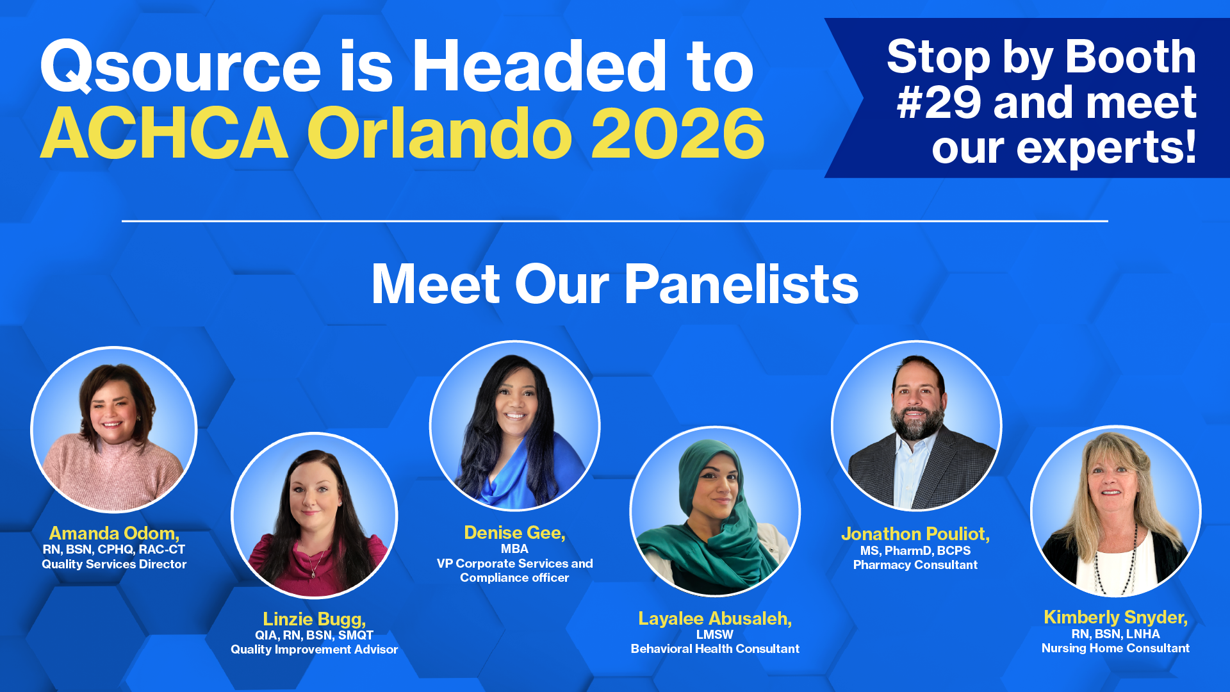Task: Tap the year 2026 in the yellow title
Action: coord(678,133)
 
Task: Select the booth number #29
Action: coord(939,103)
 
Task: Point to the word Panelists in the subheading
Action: coord(741,284)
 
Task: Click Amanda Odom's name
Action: coord(114,533)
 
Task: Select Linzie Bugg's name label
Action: coord(314,619)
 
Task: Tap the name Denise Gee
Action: coord(514,532)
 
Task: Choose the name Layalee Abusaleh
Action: coord(715,618)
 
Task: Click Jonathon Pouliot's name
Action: coord(915,534)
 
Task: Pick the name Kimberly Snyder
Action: coord(1115,617)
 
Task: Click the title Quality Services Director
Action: coord(114,564)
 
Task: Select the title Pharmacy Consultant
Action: coord(915,564)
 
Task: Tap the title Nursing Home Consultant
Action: coord(1115,648)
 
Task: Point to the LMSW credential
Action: coord(715,634)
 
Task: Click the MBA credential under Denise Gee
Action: coord(514,548)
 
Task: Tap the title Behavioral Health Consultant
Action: coord(715,648)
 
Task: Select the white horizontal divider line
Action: coord(615,221)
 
